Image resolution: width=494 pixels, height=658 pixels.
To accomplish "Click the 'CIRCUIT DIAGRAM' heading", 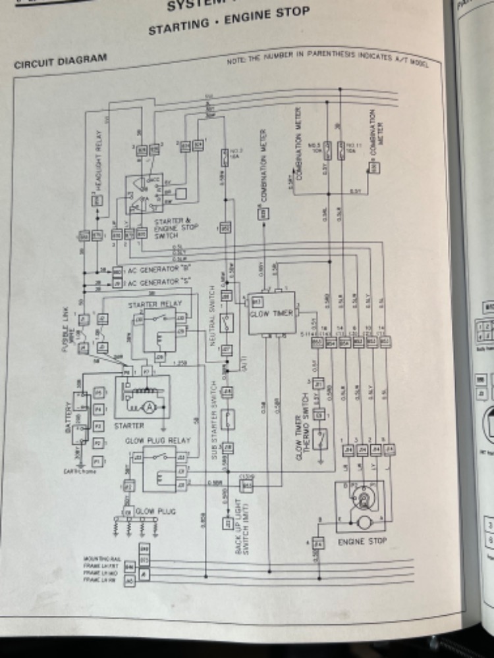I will [59, 60].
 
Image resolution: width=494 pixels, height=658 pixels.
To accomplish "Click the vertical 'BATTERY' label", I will [67, 419].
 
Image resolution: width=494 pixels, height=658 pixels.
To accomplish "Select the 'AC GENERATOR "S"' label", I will [153, 282].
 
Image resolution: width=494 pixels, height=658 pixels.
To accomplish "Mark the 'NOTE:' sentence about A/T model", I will [326, 60].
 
